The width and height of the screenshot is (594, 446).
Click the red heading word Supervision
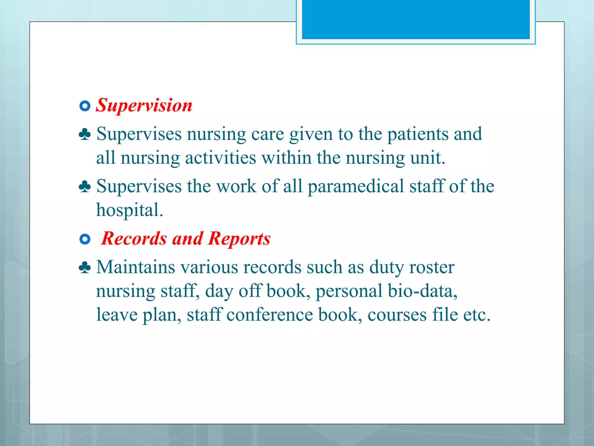(x=144, y=105)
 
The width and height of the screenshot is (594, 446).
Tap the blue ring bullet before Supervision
(x=85, y=106)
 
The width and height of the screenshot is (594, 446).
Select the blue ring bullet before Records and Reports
(x=85, y=240)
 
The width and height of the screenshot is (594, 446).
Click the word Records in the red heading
(x=134, y=239)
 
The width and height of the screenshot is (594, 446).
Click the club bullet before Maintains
(x=85, y=267)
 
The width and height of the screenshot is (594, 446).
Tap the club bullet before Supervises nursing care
(x=85, y=134)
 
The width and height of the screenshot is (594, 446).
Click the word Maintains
(x=135, y=267)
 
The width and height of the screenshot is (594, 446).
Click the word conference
(x=269, y=315)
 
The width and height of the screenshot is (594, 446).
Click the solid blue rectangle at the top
(x=416, y=19)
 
